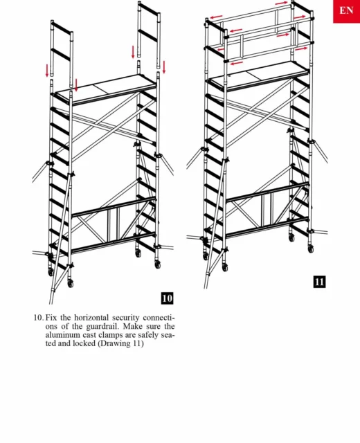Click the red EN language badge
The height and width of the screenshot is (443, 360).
pyautogui.click(x=346, y=11)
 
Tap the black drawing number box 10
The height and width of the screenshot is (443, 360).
pyautogui.click(x=167, y=298)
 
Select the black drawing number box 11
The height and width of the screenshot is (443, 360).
pyautogui.click(x=319, y=282)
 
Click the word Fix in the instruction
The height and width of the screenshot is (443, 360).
pyautogui.click(x=51, y=318)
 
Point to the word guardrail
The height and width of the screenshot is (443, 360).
pyautogui.click(x=100, y=326)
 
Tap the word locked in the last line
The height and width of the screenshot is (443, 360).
pyautogui.click(x=84, y=343)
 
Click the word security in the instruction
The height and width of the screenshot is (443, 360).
pyautogui.click(x=126, y=318)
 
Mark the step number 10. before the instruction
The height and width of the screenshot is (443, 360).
pyautogui.click(x=39, y=318)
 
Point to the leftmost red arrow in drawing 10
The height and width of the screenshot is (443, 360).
pyautogui.click(x=47, y=71)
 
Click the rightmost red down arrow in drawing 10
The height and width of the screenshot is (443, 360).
pyautogui.click(x=164, y=68)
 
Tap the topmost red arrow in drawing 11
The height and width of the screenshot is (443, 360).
pyautogui.click(x=281, y=3)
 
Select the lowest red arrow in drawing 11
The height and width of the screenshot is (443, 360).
pyautogui.click(x=237, y=63)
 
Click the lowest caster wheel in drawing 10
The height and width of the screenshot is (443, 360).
pyautogui.click(x=71, y=283)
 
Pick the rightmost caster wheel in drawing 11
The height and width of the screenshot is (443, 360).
pyautogui.click(x=311, y=248)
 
